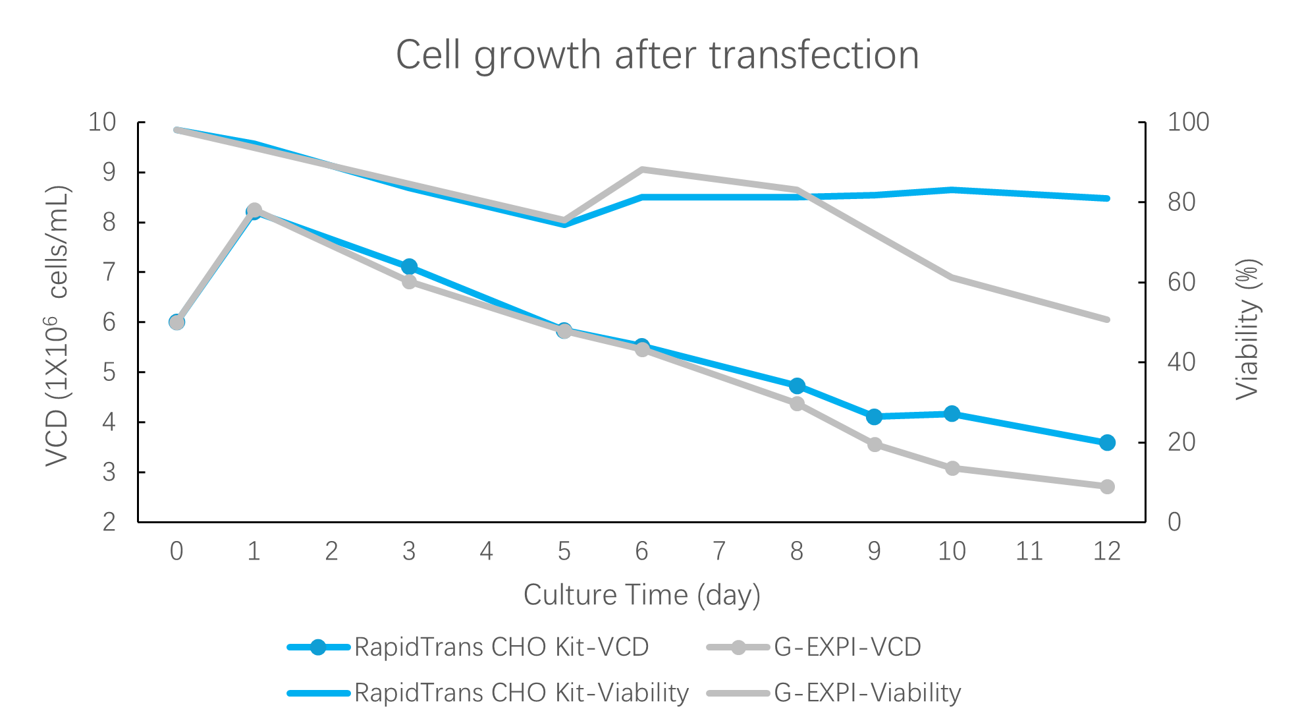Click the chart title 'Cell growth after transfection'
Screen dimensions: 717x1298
657,55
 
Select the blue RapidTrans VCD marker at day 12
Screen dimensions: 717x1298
1107,442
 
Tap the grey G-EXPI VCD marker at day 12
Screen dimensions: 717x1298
1107,487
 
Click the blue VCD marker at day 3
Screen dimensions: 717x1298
409,266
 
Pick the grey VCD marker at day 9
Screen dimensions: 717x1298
875,445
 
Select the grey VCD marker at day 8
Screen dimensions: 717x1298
797,404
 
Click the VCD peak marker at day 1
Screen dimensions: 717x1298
254,210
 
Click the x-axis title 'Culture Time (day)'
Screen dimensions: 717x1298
642,595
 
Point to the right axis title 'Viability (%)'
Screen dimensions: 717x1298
1247,329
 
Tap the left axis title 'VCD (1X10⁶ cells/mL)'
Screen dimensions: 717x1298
58,326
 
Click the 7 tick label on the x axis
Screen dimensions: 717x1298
719,551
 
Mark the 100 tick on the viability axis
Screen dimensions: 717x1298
1188,122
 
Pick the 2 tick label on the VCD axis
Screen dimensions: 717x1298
109,522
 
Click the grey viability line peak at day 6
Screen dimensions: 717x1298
642,169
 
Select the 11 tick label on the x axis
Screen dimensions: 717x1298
1029,551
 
